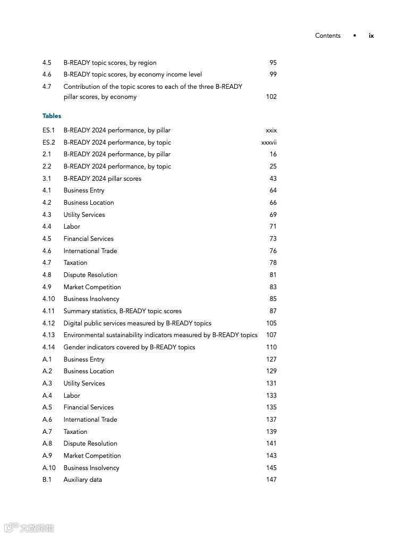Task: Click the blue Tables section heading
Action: [52, 116]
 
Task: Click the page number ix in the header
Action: [371, 36]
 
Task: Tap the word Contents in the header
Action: [328, 36]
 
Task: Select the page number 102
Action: [271, 97]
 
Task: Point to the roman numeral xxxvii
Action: [269, 143]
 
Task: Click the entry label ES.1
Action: [48, 130]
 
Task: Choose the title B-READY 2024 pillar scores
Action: [103, 179]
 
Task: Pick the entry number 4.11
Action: [48, 311]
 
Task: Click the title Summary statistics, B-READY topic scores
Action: [122, 311]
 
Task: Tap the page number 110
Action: [271, 347]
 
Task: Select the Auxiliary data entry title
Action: [82, 480]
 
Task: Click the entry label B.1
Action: [47, 480]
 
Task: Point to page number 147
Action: [271, 480]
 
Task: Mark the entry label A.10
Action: [49, 468]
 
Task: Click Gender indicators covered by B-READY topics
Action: [129, 347]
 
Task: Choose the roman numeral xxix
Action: [271, 130]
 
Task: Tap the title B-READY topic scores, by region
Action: [110, 63]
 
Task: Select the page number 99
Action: [273, 74]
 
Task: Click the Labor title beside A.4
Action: [72, 396]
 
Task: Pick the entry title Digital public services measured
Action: [137, 323]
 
